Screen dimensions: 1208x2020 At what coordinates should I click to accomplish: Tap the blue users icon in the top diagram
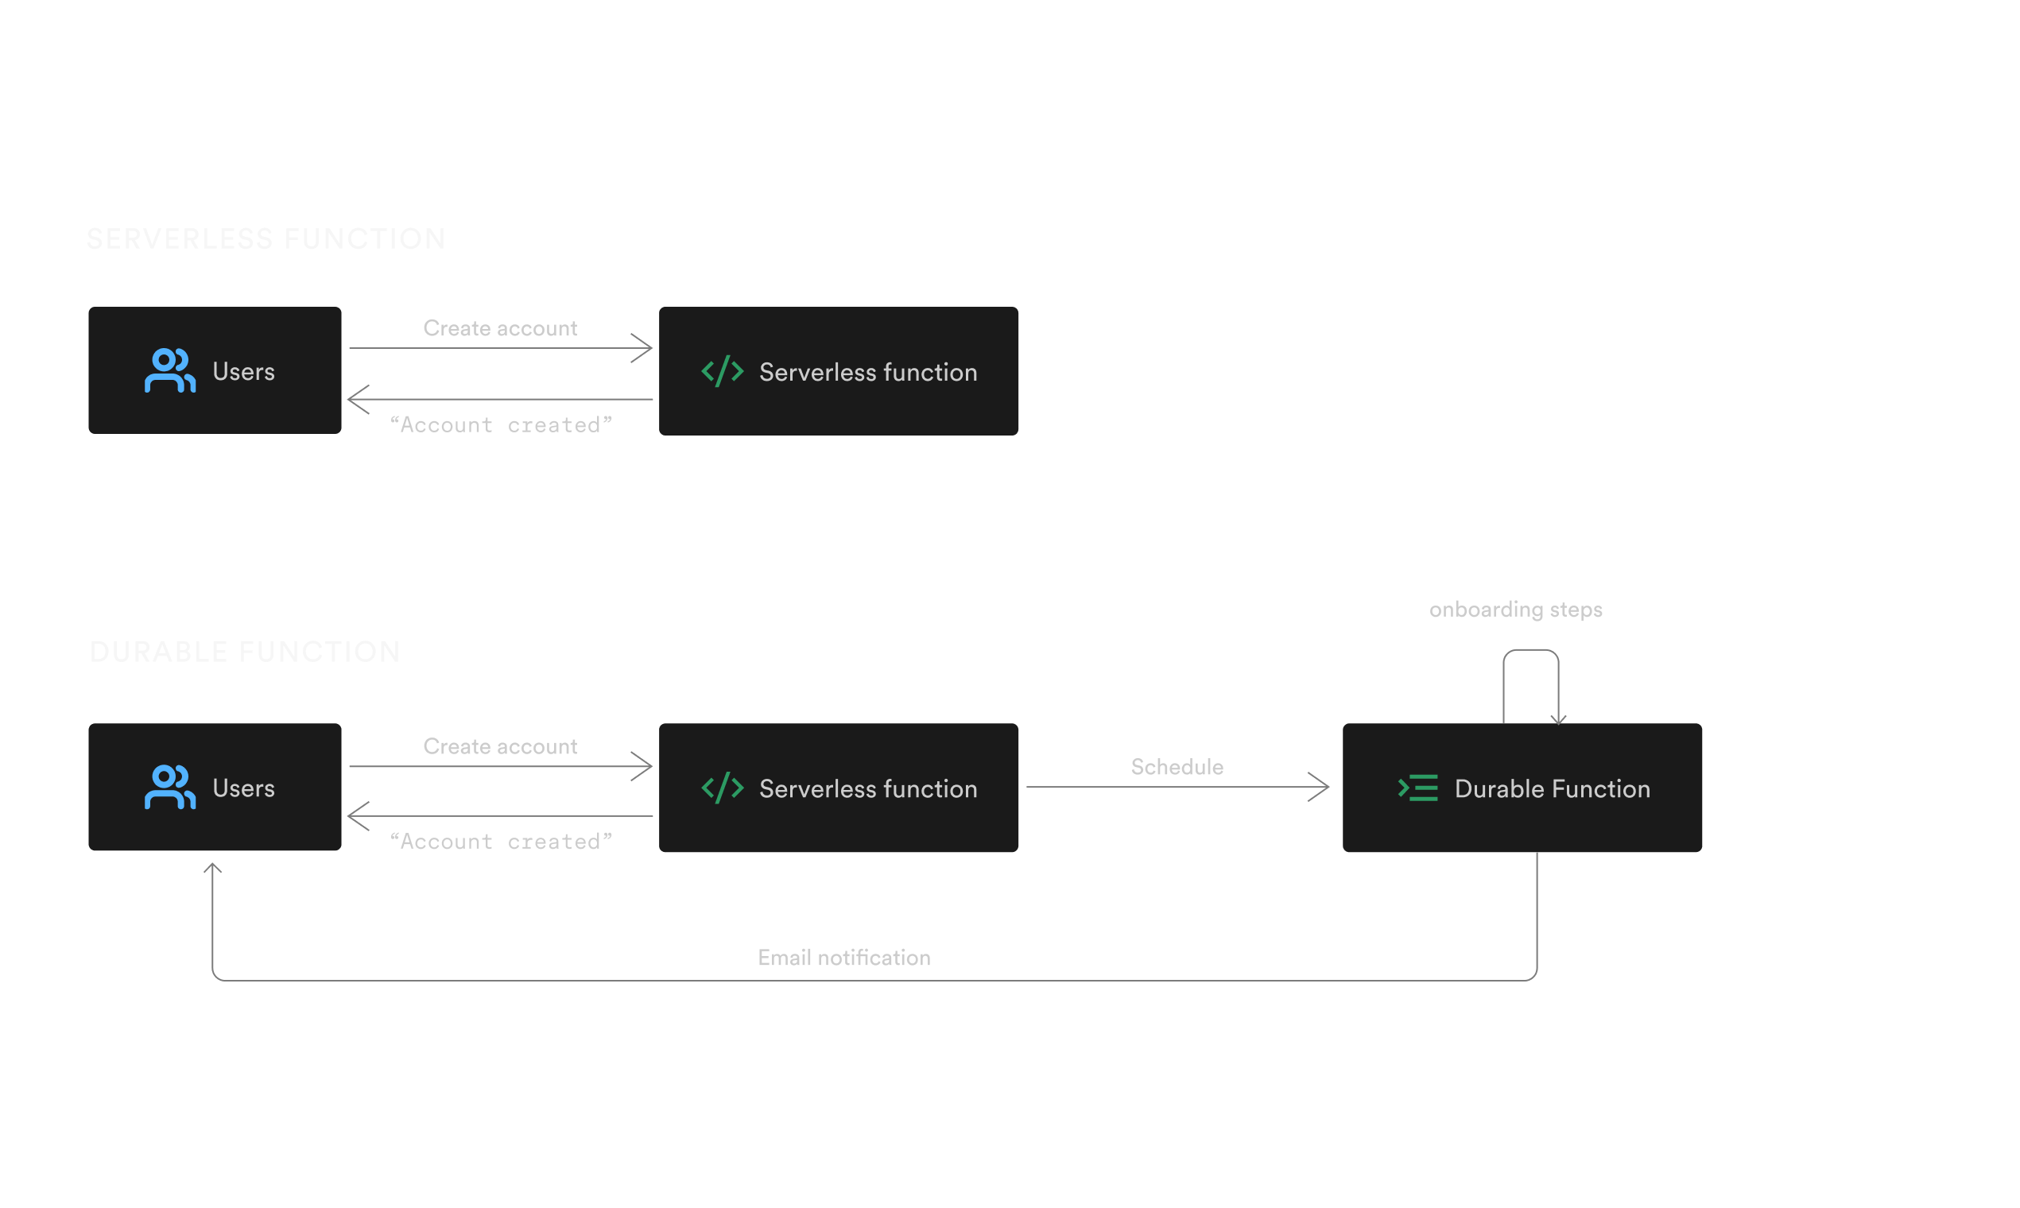(x=169, y=371)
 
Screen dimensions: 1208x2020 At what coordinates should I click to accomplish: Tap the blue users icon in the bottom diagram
(x=169, y=787)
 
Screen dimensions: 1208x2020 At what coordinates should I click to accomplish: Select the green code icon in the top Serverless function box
(x=722, y=371)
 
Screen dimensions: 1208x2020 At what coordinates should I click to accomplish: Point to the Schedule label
(x=1177, y=767)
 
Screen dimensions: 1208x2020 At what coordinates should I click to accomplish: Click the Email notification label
(x=843, y=958)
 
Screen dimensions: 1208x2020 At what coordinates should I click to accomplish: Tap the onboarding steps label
(x=1515, y=610)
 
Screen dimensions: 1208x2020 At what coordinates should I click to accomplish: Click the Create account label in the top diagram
(x=500, y=328)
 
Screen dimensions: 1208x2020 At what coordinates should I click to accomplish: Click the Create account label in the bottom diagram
(x=500, y=746)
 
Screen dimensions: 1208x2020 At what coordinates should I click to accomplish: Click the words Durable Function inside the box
(x=1552, y=789)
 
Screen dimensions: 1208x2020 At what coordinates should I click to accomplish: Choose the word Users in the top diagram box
(x=243, y=372)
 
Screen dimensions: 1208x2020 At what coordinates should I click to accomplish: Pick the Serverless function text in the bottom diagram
(x=868, y=789)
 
